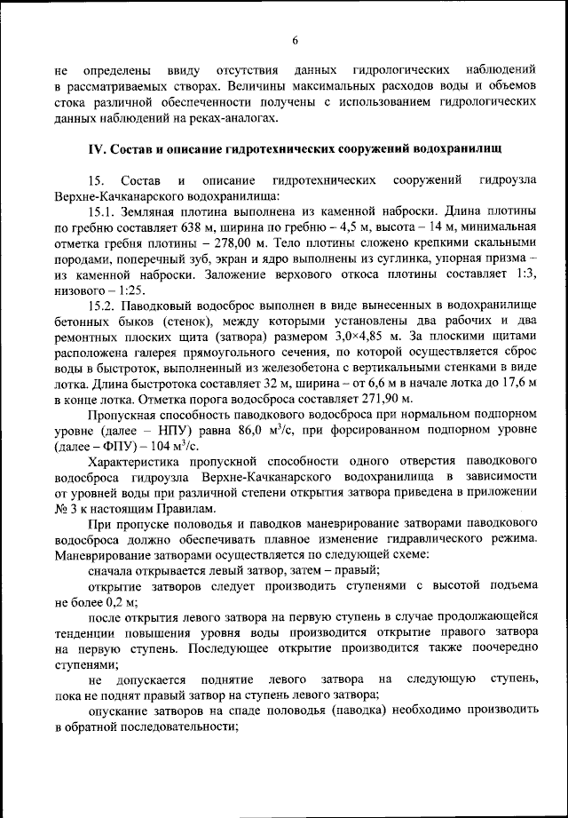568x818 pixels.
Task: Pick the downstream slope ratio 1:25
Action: (x=130, y=290)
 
